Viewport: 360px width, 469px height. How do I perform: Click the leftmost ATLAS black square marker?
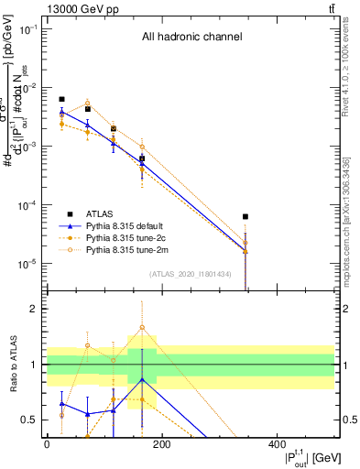61,99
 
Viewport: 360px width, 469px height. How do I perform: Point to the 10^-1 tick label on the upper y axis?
27,29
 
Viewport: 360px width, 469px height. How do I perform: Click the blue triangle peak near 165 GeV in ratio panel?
142,379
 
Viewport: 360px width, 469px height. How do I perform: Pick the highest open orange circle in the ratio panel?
142,327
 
